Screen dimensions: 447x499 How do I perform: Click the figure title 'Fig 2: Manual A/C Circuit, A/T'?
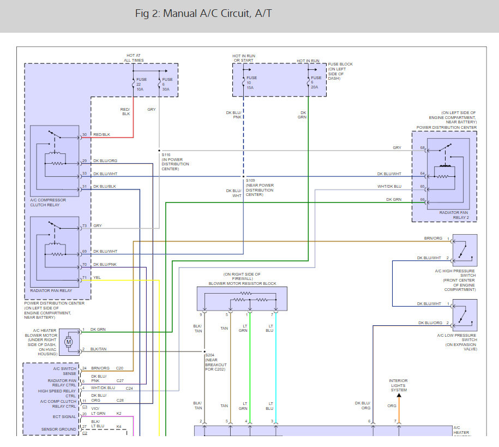click(203, 14)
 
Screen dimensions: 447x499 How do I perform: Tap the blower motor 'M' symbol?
click(69, 342)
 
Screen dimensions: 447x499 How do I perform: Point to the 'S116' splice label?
click(166, 154)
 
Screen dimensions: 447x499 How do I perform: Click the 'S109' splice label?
click(250, 181)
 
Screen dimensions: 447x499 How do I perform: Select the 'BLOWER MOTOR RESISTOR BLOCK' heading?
click(242, 284)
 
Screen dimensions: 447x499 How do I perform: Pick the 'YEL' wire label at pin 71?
click(97, 277)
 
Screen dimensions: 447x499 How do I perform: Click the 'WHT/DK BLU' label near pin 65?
click(389, 186)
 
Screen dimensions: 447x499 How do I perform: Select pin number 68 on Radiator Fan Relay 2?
click(422, 148)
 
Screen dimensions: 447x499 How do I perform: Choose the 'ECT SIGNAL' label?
click(65, 416)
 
